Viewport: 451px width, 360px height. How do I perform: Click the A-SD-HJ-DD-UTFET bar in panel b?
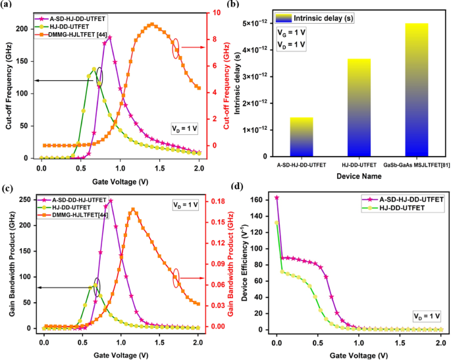pyautogui.click(x=302, y=137)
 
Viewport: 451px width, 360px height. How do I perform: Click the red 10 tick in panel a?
pyautogui.click(x=224, y=13)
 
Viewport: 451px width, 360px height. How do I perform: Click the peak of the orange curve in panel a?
pyautogui.click(x=152, y=24)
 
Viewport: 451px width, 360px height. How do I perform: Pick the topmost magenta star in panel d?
pyautogui.click(x=277, y=197)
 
